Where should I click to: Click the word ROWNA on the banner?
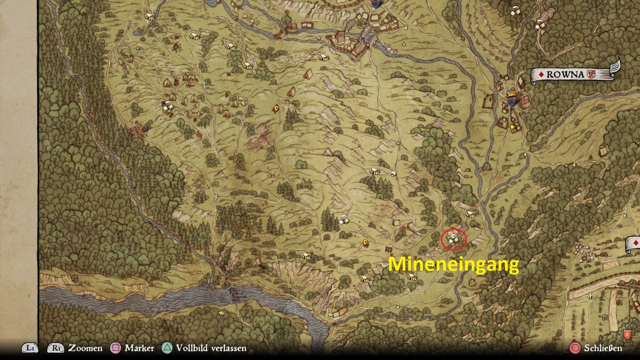tap(565, 75)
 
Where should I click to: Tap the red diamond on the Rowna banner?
tap(541, 75)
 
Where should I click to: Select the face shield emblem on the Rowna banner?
tap(592, 75)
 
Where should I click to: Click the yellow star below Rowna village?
tap(512, 127)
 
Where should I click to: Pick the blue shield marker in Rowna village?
tap(512, 100)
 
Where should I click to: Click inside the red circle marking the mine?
tap(453, 239)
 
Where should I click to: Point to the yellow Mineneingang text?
tap(453, 265)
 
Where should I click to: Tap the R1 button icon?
tap(56, 348)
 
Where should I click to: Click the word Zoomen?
tap(86, 348)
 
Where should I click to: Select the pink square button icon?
tap(116, 348)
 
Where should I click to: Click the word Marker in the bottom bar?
tap(139, 348)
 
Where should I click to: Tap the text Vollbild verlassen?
tap(211, 348)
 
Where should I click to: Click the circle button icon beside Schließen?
tap(575, 348)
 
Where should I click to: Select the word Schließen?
tap(603, 348)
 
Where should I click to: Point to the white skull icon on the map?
tap(393, 173)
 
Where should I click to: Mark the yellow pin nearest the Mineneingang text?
tap(365, 242)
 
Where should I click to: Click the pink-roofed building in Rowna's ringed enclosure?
tap(524, 100)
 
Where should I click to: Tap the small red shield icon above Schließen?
tap(627, 334)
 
